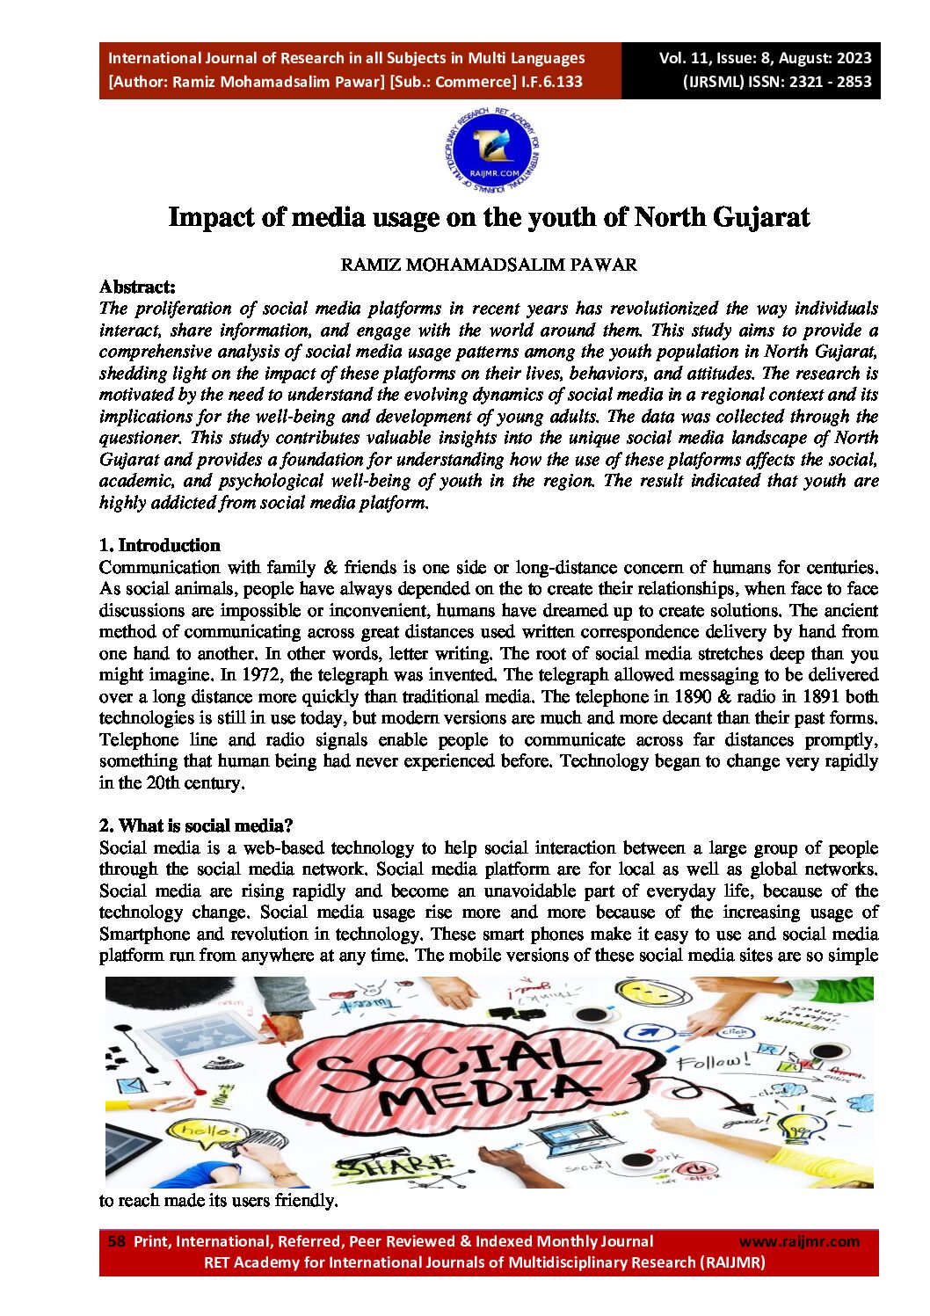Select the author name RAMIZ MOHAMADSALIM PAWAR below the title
tap(489, 265)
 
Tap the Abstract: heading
tap(137, 287)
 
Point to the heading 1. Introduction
tap(159, 545)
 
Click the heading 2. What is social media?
tap(195, 825)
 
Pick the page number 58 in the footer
tap(116, 1241)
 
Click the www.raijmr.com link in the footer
tap(799, 1241)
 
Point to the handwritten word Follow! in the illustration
tap(714, 1062)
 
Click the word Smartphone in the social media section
tap(145, 934)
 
